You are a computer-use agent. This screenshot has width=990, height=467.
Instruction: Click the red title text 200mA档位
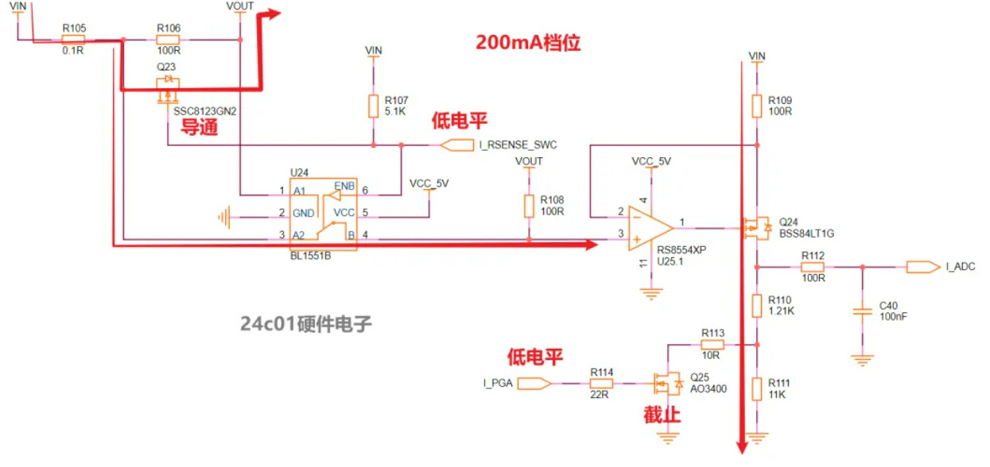point(528,43)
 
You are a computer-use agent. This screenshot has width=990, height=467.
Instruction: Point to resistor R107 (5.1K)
point(374,106)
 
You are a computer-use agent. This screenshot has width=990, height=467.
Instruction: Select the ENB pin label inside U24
point(344,185)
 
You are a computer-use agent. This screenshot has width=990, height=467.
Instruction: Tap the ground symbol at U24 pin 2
point(225,214)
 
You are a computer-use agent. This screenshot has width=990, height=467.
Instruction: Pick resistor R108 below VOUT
point(529,206)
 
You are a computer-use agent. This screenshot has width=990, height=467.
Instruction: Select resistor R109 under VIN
point(757,106)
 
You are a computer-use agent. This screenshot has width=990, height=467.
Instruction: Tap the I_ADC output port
point(922,267)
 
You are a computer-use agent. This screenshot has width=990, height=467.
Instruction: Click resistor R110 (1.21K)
point(757,305)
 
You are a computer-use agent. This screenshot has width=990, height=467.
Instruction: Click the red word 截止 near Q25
point(662,415)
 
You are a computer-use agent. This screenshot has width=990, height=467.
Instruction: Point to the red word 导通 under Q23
point(199,127)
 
